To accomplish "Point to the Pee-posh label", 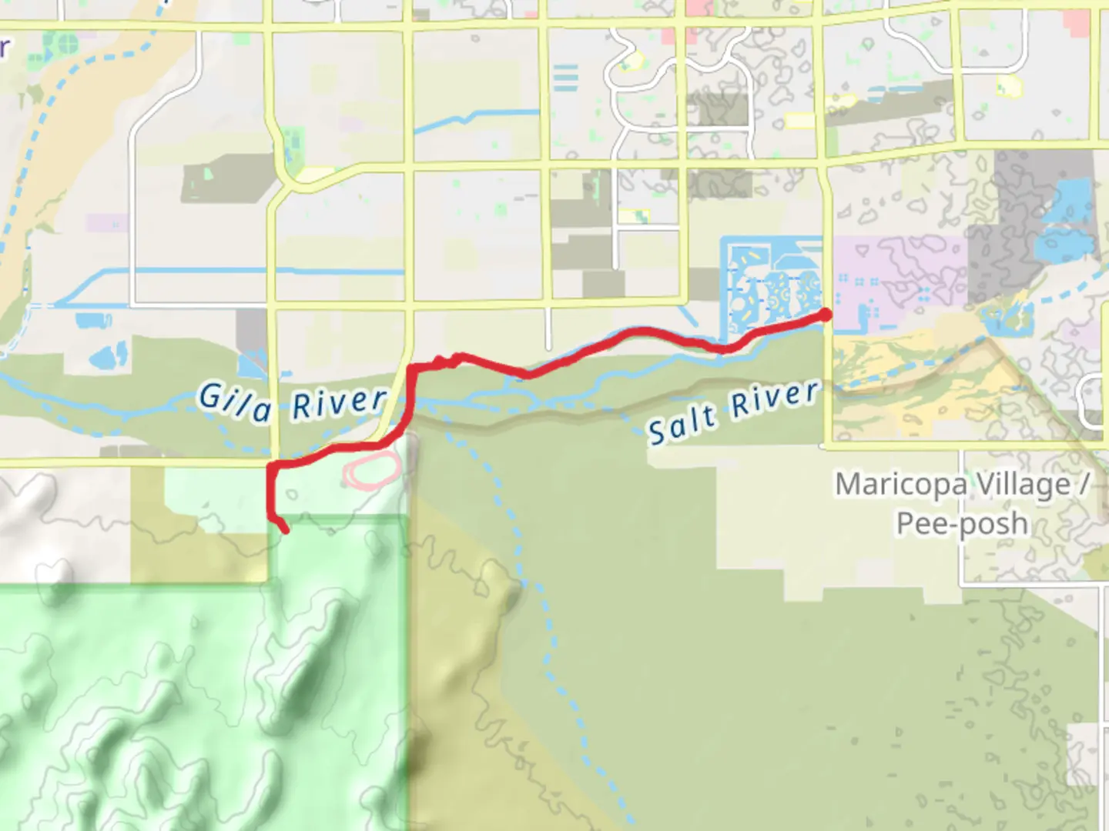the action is tap(962, 524).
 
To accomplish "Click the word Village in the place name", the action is tap(1024, 485).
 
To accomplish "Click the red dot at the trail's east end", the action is tap(825, 315).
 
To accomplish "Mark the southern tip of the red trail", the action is tap(286, 530).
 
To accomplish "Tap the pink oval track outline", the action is tap(373, 469).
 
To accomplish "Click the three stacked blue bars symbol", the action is tap(565, 78).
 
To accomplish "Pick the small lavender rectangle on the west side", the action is tap(107, 223).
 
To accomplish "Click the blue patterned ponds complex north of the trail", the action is tap(770, 289).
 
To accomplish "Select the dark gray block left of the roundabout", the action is tap(227, 179).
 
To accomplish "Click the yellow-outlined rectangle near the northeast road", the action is tap(799, 121).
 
